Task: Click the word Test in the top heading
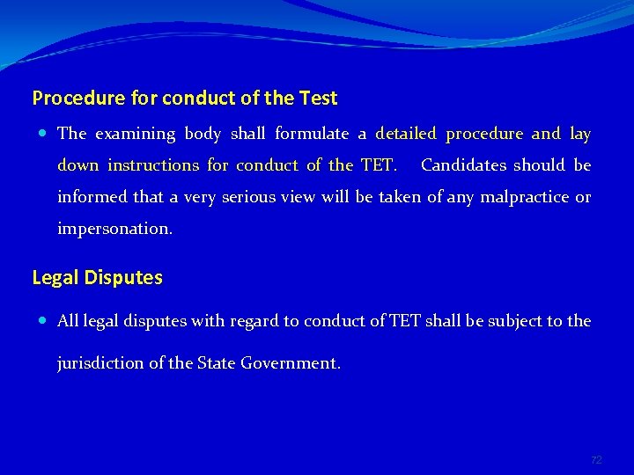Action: coord(318,98)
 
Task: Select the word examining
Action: coord(136,134)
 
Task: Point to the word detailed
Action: coord(406,134)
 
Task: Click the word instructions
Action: coord(153,165)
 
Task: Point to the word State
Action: coord(216,362)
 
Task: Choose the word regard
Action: coord(254,321)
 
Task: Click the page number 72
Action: coord(596,460)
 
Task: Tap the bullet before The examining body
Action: coord(44,134)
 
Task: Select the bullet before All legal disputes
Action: coord(44,321)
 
